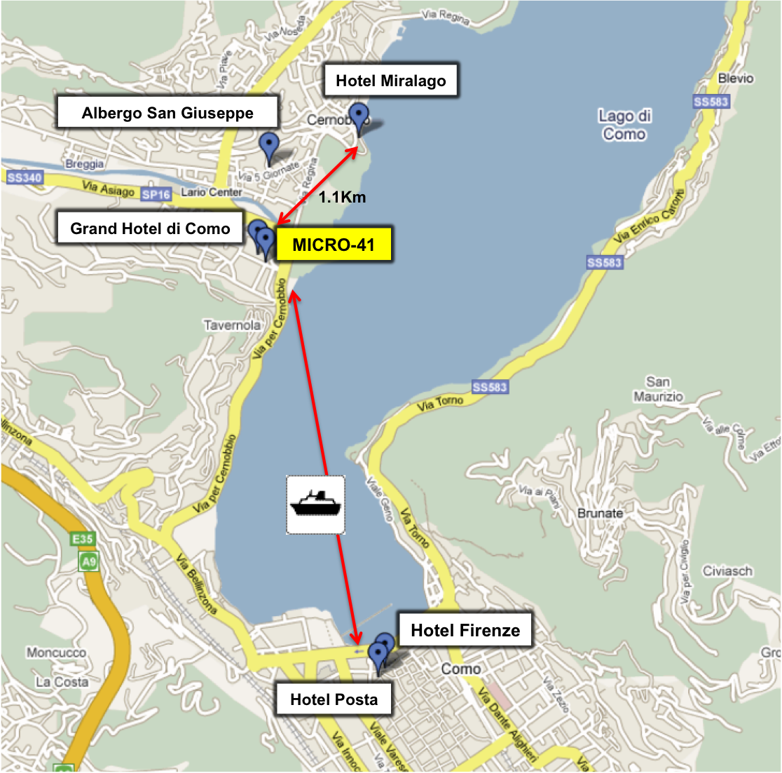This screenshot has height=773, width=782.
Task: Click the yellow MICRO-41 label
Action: [334, 245]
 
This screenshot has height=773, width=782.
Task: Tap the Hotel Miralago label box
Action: [390, 81]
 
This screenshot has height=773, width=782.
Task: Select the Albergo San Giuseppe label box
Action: [167, 113]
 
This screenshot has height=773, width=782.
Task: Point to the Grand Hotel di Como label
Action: [150, 228]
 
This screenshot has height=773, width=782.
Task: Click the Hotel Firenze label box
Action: [465, 630]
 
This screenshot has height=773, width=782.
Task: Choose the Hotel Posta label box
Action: [334, 699]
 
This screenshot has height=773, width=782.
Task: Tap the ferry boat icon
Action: [315, 505]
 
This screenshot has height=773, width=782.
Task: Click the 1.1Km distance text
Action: [342, 198]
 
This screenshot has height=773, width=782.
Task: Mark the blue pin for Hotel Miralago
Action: [359, 116]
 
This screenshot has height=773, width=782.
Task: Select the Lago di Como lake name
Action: [624, 125]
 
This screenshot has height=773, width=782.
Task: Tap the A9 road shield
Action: [88, 561]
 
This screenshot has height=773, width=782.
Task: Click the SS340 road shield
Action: [25, 178]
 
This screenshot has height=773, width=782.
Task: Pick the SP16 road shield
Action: [156, 194]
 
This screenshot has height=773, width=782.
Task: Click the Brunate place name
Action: [600, 513]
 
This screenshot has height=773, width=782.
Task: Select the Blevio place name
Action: [735, 78]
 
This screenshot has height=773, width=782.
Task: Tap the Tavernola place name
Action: [232, 325]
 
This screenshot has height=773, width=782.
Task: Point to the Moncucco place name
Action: [56, 652]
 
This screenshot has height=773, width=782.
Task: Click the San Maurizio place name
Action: [658, 389]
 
